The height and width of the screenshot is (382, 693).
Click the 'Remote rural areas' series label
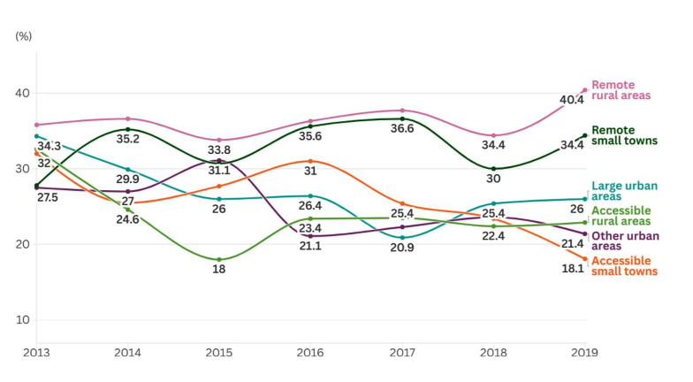[621, 90]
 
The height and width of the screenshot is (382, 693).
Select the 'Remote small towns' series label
[624, 135]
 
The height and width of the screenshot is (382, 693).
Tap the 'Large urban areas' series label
[624, 191]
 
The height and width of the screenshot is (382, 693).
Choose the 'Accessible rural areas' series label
[621, 216]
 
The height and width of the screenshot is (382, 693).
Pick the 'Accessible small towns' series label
[624, 266]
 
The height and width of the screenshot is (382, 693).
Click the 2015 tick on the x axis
[219, 352]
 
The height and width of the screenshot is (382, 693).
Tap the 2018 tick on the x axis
[493, 352]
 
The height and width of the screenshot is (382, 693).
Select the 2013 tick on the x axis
[36, 352]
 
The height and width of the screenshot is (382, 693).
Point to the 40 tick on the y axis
[22, 94]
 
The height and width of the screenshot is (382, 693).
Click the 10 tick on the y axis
[22, 320]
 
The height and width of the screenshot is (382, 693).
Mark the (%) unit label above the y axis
[24, 36]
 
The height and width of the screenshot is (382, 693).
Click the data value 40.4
[572, 100]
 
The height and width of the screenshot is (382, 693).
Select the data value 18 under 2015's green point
[219, 269]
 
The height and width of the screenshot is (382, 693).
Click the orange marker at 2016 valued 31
[310, 161]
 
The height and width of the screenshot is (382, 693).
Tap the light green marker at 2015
[219, 260]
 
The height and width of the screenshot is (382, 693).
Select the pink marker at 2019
[585, 90]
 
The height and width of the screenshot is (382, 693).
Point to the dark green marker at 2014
[128, 129]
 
